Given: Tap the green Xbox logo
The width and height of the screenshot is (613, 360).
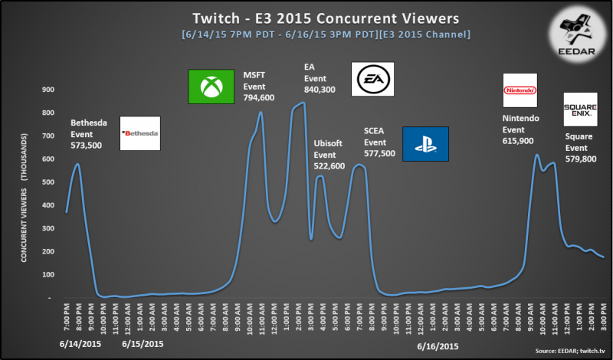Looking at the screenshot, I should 211,87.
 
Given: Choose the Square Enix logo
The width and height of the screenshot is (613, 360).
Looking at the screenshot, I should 580,109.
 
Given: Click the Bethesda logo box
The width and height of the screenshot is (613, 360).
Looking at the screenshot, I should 140,133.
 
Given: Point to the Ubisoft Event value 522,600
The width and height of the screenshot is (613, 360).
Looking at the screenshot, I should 329,165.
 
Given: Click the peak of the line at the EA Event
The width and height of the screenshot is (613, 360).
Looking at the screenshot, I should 303,102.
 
